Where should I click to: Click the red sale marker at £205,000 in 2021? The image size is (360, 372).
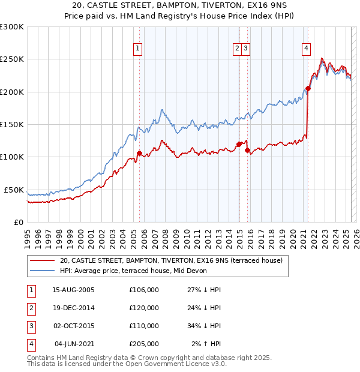308,89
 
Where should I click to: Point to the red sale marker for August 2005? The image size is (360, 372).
139,153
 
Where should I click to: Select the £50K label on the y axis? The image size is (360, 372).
14,190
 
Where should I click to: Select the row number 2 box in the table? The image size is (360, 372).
30,308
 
